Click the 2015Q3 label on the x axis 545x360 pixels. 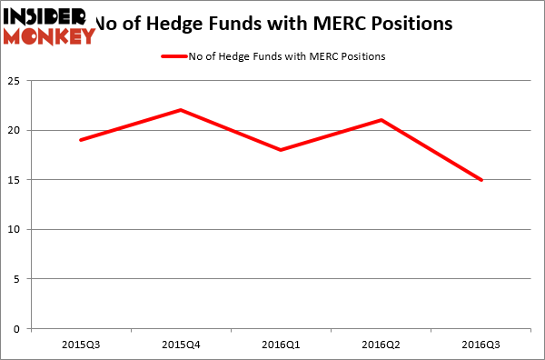click(x=81, y=345)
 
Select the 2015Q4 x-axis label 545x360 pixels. click(x=181, y=345)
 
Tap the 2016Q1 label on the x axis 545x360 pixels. click(x=281, y=345)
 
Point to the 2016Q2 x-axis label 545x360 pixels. click(x=381, y=345)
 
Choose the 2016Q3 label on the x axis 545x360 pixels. click(x=481, y=345)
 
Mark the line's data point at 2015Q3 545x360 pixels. click(x=81, y=140)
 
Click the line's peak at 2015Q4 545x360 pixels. click(x=181, y=110)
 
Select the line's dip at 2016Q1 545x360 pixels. click(x=281, y=150)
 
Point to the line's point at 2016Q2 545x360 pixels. click(x=381, y=120)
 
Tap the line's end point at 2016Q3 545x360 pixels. click(x=481, y=180)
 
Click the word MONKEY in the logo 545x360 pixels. click(x=51, y=36)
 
